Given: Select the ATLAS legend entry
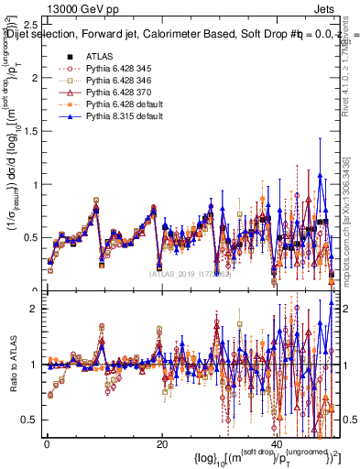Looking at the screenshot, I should click(100, 57).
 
